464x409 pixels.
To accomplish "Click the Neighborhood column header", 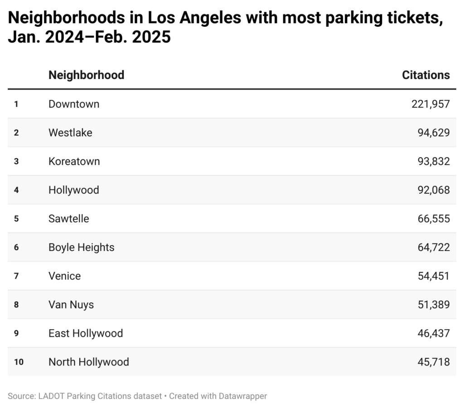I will click(86, 75).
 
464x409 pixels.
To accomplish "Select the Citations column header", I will click(425, 75).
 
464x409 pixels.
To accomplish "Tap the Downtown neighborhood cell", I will click(74, 104).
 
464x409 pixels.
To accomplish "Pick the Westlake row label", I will click(70, 133).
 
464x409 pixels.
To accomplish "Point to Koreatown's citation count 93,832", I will click(433, 161).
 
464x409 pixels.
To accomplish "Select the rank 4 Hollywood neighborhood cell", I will click(73, 190).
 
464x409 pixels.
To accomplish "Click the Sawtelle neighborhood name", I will click(69, 218).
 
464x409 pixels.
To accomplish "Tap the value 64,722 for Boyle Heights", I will click(433, 247).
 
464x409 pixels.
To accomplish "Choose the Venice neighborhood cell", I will click(64, 276).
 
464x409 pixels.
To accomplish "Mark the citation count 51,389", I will click(433, 305).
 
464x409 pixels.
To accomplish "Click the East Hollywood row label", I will click(86, 333).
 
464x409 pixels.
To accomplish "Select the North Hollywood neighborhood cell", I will click(89, 362).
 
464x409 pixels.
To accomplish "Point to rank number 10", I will click(18, 362).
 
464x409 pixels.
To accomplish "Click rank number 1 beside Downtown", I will click(16, 104).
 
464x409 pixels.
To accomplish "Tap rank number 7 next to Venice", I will click(16, 276).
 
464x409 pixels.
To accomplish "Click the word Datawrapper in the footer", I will click(243, 396).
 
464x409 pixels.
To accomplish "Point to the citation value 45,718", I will click(433, 362).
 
